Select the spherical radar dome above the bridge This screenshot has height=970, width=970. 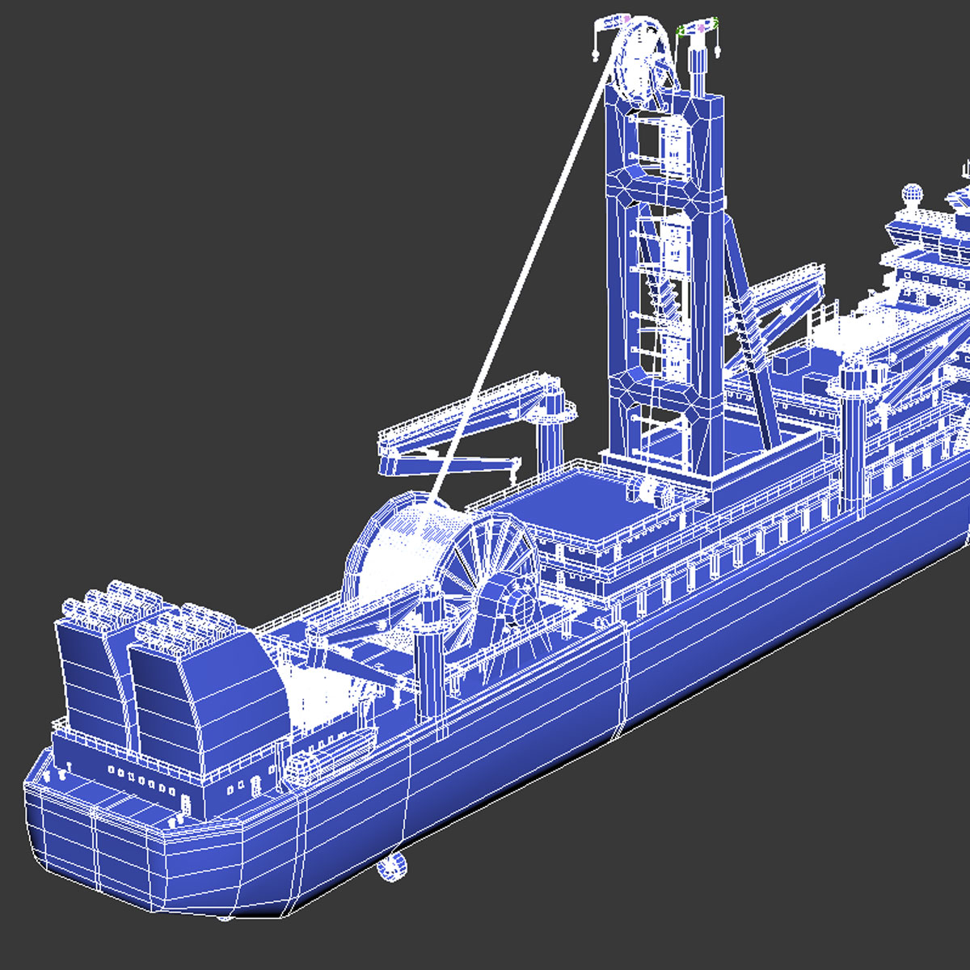[x=912, y=194]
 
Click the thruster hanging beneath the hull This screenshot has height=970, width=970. [x=391, y=867]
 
